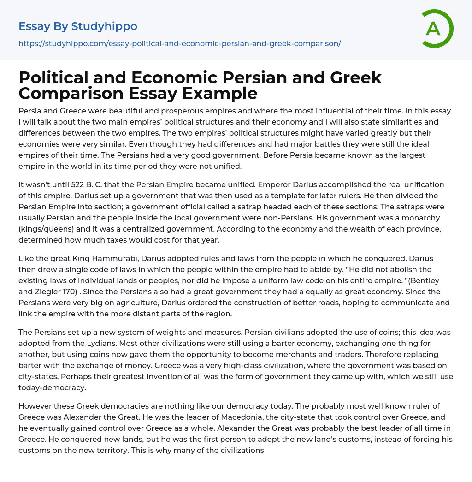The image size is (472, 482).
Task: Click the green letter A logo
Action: click(436, 28)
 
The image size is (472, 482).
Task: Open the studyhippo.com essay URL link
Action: click(179, 44)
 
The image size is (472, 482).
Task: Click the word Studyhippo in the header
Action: click(104, 26)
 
